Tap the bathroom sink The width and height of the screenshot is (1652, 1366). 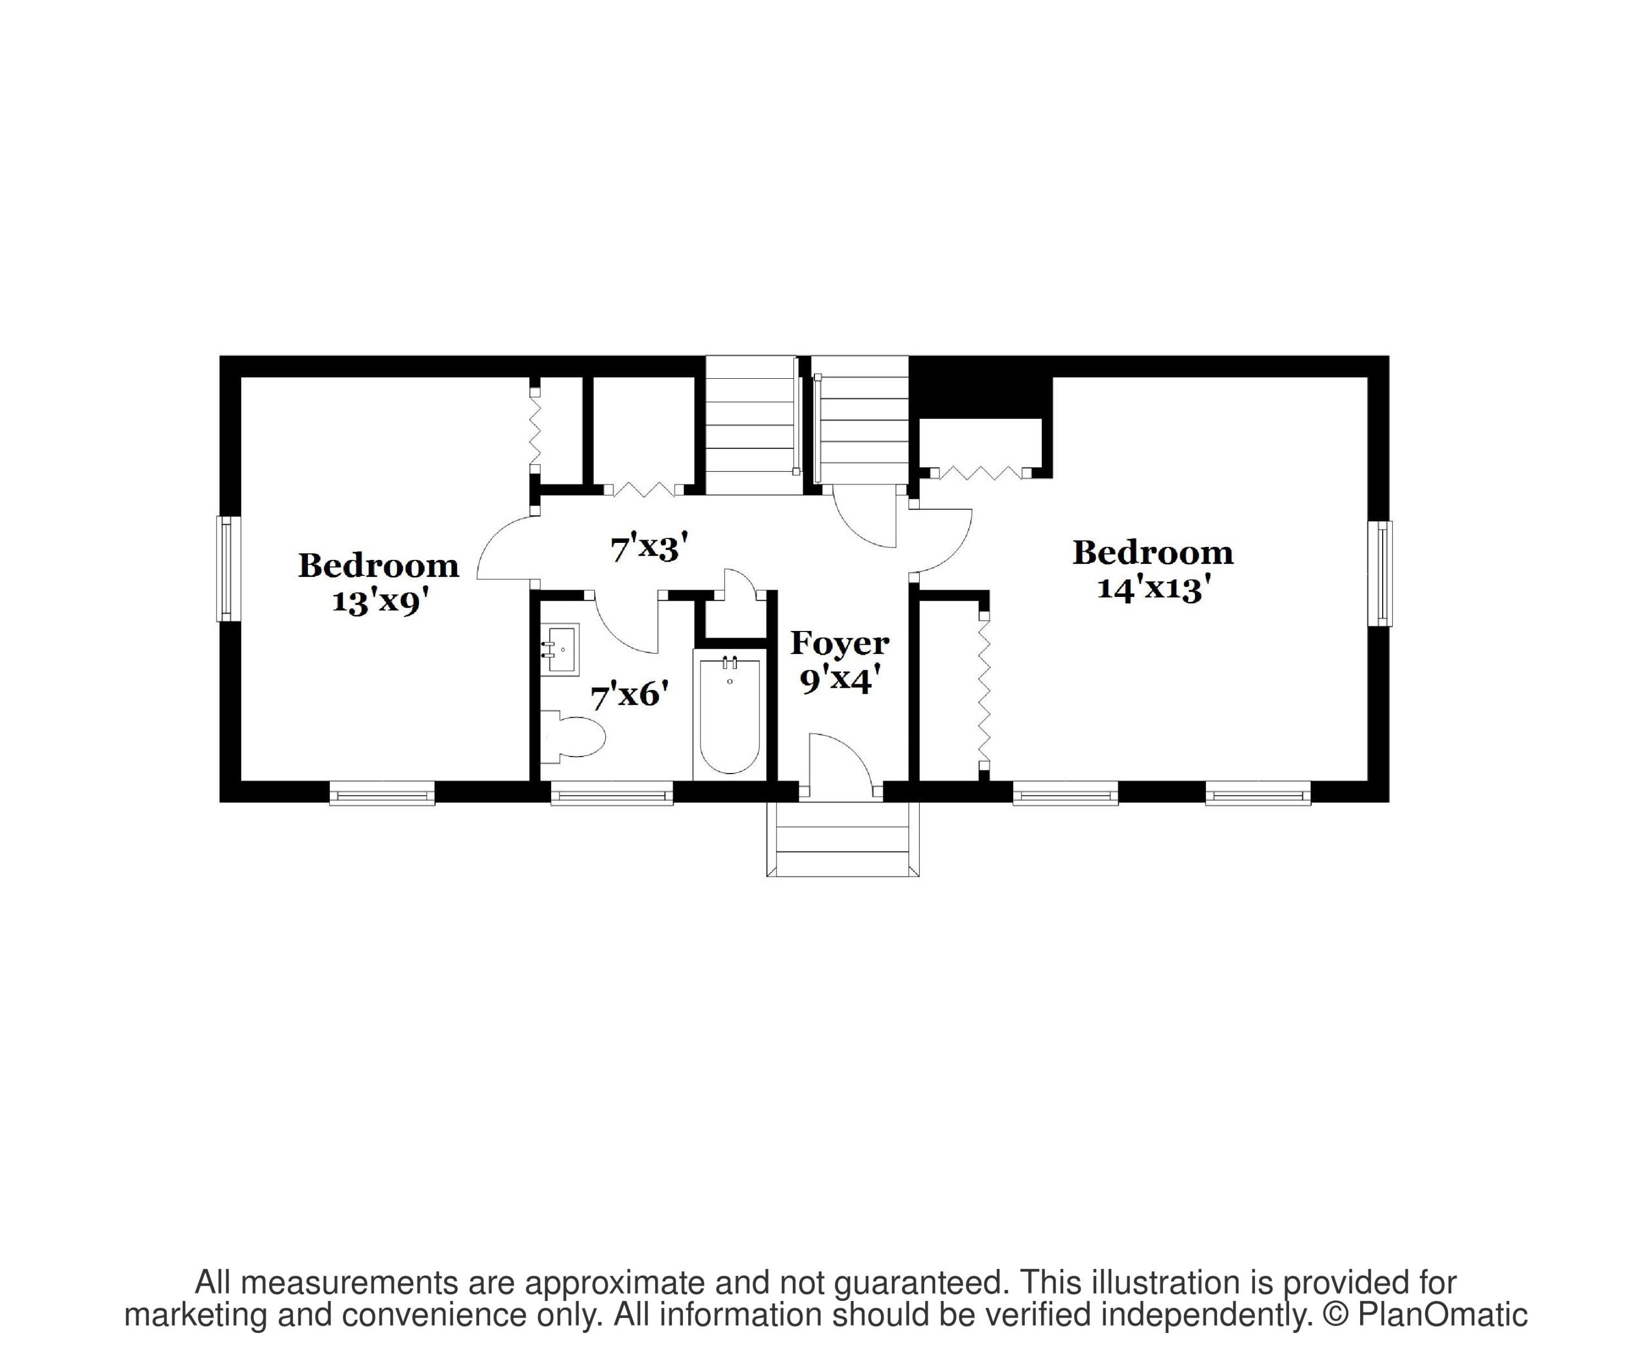point(562,650)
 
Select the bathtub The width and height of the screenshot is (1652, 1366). point(729,716)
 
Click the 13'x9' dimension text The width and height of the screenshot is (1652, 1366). point(379,602)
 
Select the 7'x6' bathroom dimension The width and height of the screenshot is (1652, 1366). point(629,696)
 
